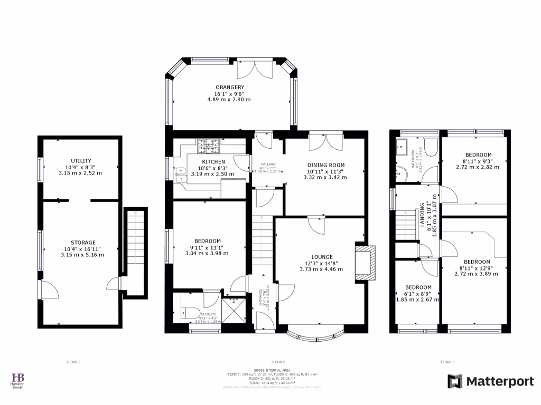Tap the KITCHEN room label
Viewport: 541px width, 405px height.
click(x=213, y=161)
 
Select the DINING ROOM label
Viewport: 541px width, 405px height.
click(x=325, y=165)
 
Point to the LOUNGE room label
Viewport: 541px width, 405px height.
click(x=322, y=256)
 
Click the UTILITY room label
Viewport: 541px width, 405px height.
click(x=81, y=160)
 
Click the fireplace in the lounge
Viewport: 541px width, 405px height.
click(x=365, y=262)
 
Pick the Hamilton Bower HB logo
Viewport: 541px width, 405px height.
click(x=18, y=378)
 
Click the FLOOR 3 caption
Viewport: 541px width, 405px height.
click(x=447, y=362)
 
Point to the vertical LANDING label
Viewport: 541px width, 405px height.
click(x=423, y=216)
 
